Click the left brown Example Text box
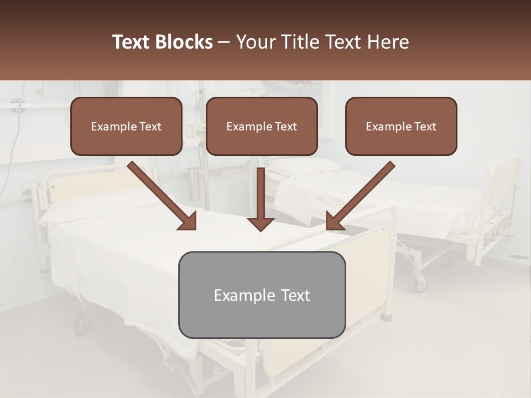[126, 127]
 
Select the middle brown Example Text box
[262, 127]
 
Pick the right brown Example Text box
[401, 127]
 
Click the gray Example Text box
[262, 295]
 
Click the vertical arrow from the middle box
[261, 199]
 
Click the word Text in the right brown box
[425, 127]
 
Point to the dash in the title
[224, 42]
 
